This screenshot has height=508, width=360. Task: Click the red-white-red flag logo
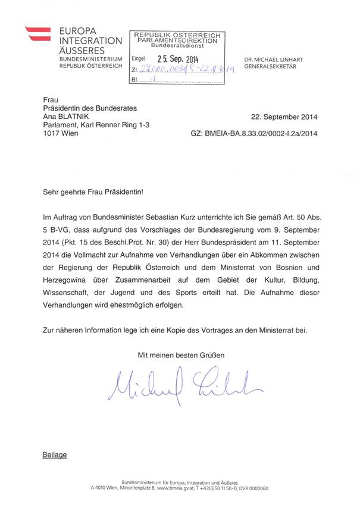pyautogui.click(x=39, y=36)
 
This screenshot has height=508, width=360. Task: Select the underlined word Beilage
pyautogui.click(x=54, y=455)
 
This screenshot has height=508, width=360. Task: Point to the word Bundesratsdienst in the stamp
pyautogui.click(x=176, y=45)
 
